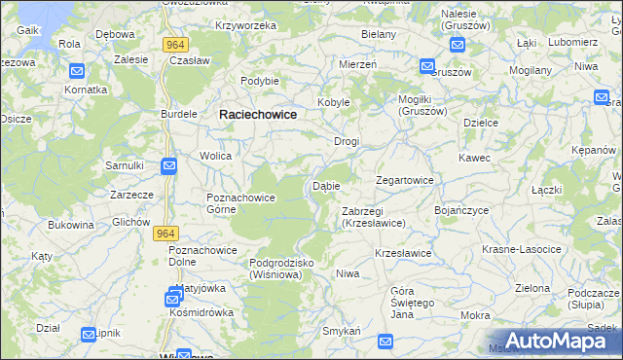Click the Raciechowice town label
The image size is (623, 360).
[x=258, y=114]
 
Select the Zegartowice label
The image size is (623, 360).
[x=405, y=180]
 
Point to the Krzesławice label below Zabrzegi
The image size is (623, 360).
[x=403, y=253]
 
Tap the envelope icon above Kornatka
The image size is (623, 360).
[x=78, y=71]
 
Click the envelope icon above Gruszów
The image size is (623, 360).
[x=427, y=66]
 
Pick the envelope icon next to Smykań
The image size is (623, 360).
[x=385, y=342]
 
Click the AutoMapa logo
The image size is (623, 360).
[x=558, y=341]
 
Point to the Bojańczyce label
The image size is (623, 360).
[x=461, y=209]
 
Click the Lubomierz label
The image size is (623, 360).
[x=572, y=43]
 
